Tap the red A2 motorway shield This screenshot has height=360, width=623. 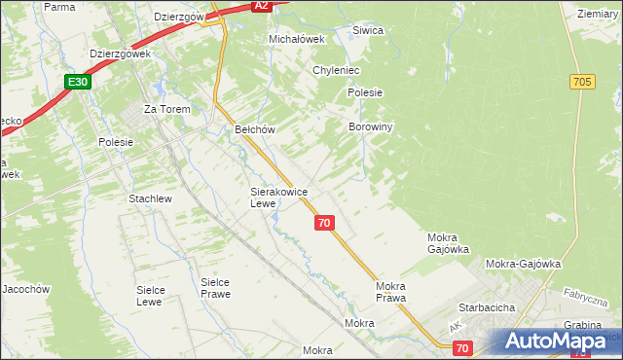tap(260, 6)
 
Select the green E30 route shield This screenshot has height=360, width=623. tap(79, 83)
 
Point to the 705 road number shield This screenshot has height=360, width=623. tap(583, 83)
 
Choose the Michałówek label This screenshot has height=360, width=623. tap(295, 39)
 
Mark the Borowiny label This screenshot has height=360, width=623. tap(370, 126)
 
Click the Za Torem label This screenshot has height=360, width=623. tap(166, 109)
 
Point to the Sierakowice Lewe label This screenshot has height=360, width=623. tap(278, 198)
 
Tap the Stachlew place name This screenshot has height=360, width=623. tap(150, 198)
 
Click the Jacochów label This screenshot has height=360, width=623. tap(25, 289)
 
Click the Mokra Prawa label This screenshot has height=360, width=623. tap(390, 292)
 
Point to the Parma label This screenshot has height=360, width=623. tap(59, 7)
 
